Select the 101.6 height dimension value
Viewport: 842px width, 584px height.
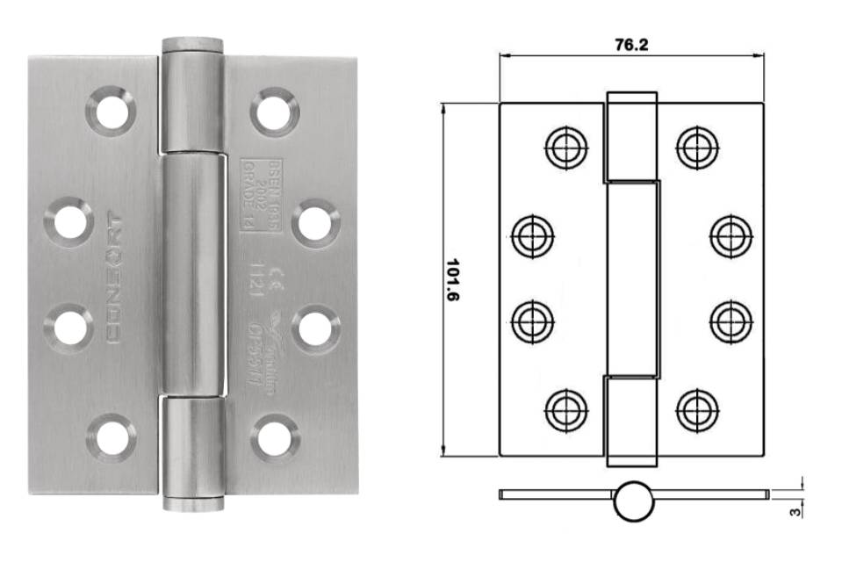[x=454, y=280]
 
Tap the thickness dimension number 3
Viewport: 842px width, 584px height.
[x=796, y=508]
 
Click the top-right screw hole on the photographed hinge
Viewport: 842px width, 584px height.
[x=274, y=112]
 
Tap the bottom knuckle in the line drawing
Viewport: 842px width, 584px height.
[x=631, y=420]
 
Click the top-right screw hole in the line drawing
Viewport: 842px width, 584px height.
[x=698, y=147]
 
